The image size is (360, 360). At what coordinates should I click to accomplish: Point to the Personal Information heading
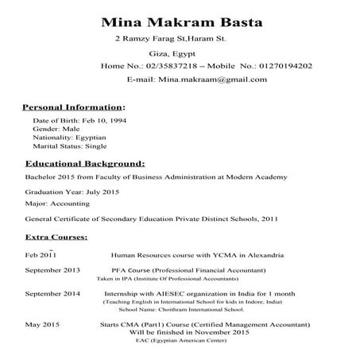[x=72, y=106]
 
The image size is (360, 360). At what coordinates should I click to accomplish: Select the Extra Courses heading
[x=56, y=237]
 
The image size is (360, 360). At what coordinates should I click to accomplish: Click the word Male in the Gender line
[x=68, y=128]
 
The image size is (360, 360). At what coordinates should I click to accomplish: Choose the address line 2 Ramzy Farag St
[x=171, y=38]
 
